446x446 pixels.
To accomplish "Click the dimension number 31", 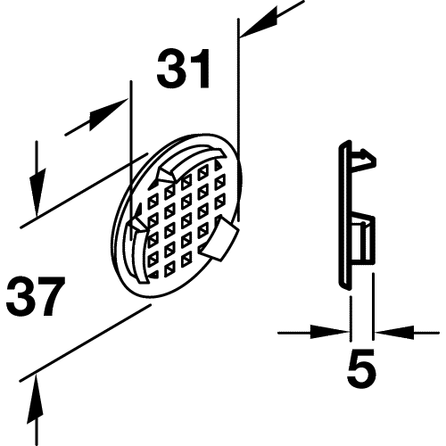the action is (184, 69).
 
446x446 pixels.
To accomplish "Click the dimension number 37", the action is (36, 296).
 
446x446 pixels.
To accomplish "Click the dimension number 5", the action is (361, 368).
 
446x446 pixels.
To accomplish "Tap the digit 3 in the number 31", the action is (171, 69).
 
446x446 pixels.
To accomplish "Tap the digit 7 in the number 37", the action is (50, 296).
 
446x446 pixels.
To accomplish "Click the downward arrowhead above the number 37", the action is (37, 192).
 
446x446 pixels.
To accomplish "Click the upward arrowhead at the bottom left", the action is (37, 397).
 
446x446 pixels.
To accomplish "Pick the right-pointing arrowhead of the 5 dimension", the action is (330, 333).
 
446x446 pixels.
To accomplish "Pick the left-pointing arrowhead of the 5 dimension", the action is (394, 333).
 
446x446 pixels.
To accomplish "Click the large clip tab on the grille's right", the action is (219, 239).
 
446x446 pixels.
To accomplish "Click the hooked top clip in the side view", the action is (363, 159).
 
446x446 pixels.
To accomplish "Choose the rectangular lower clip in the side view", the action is (362, 239).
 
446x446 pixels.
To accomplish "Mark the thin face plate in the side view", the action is (345, 215).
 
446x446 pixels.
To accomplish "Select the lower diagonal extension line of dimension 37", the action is (86, 342).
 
